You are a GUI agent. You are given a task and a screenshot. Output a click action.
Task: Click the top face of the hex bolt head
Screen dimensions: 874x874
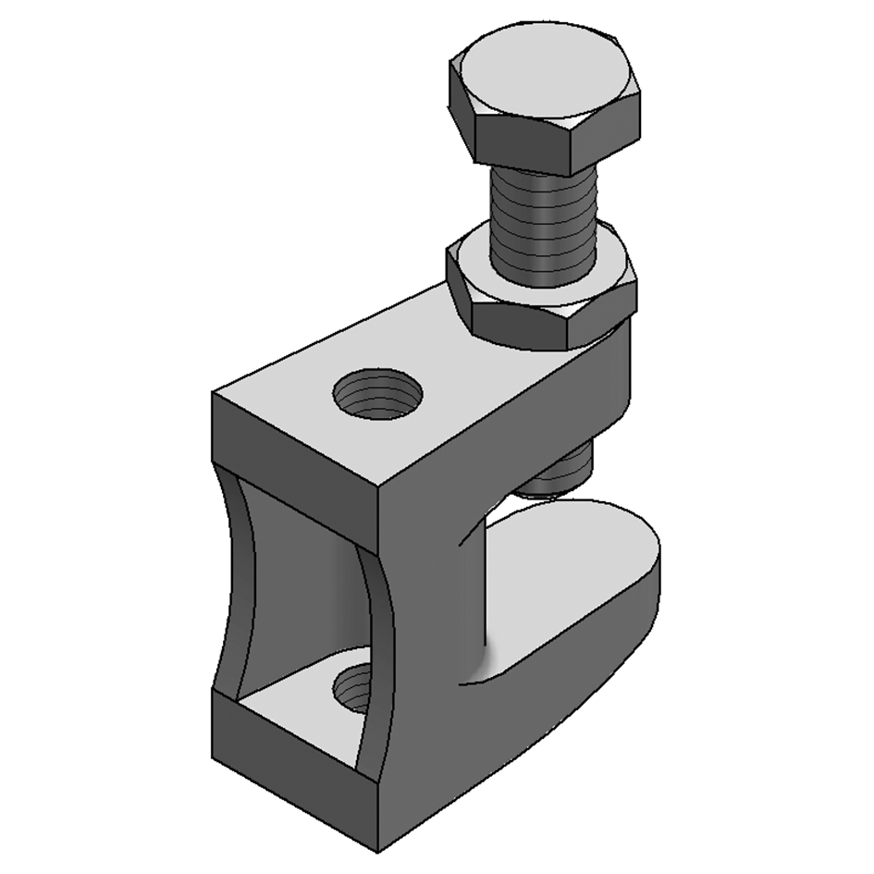545,78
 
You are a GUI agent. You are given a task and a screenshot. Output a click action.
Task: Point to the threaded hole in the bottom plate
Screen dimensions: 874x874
354,689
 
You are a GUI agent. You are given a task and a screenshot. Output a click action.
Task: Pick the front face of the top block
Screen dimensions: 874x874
296,453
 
